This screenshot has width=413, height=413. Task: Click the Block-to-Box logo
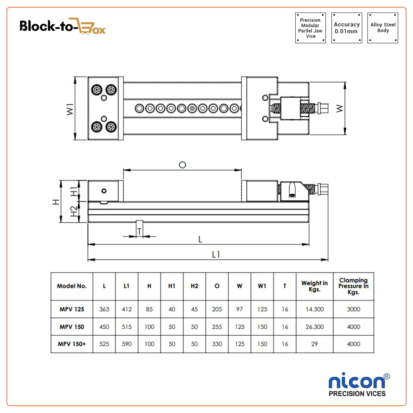pos(62,26)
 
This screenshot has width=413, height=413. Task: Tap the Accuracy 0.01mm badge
pos(346,28)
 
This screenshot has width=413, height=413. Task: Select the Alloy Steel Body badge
pos(383,28)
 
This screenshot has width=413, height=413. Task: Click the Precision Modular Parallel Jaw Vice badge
pos(311,28)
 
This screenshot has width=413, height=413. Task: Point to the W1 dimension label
pos(69,108)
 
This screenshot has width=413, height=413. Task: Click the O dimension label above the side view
pos(182,165)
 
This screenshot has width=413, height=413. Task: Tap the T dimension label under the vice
pos(140,231)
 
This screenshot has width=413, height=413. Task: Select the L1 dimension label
pos(216,254)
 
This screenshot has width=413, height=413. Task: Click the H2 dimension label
pos(74,211)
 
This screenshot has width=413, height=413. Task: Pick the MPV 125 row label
pos(72,309)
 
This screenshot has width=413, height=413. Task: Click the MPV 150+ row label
pos(72,344)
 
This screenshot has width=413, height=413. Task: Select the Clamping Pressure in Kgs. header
pos(353,286)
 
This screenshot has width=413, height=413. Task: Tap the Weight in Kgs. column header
pos(314,286)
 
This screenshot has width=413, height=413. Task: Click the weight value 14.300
pos(314,309)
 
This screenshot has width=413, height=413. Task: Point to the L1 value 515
pos(127,327)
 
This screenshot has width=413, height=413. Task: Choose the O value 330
pos(217,344)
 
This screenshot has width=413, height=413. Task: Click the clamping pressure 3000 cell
pos(353,309)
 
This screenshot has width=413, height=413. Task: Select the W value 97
pos(239,309)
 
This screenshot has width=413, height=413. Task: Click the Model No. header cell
pos(72,286)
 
